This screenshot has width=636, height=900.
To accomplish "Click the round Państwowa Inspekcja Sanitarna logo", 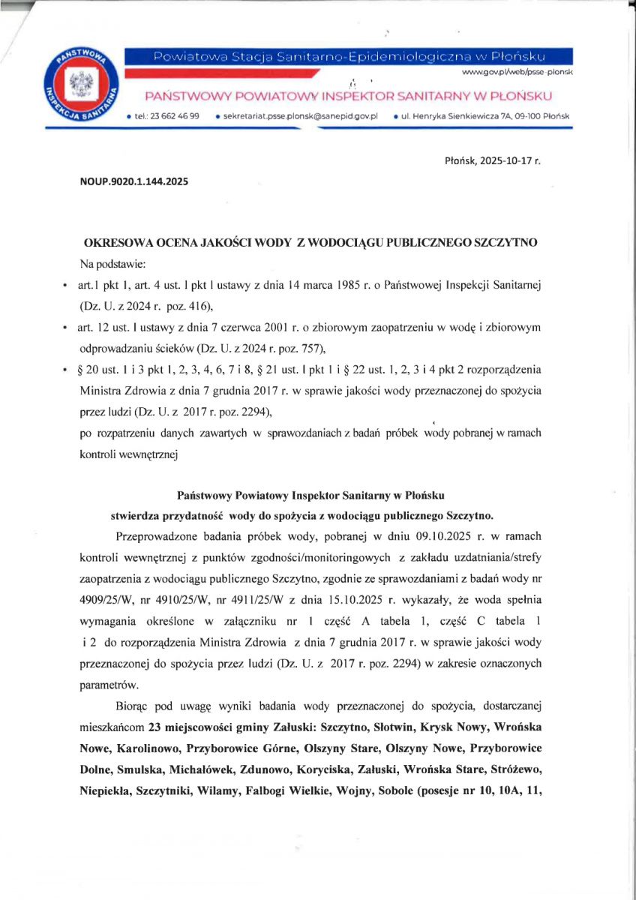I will pos(77,87).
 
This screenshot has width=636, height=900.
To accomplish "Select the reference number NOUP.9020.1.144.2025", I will pos(133,181).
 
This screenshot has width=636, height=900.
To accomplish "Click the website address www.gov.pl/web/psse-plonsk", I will pos(517,72).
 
